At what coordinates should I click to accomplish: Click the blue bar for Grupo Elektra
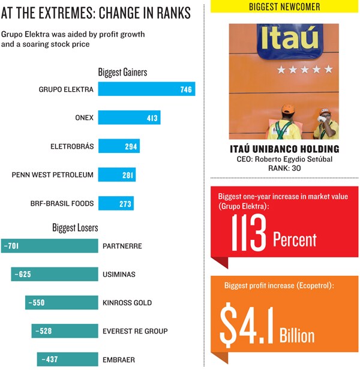[146, 89]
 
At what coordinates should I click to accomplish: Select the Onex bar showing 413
[128, 118]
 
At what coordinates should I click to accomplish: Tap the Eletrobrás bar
[118, 146]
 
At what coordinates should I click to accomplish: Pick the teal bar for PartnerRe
[49, 246]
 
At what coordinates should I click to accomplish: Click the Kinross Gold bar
[61, 303]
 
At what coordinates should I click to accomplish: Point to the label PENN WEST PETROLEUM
[53, 175]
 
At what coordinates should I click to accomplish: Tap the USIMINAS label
[119, 275]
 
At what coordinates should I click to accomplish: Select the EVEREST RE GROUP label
[135, 331]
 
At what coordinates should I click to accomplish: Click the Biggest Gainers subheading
[122, 73]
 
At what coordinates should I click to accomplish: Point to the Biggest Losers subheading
[75, 228]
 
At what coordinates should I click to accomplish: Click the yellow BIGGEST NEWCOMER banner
[284, 7]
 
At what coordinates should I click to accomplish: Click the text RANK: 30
[284, 169]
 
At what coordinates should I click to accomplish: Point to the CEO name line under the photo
[284, 160]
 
